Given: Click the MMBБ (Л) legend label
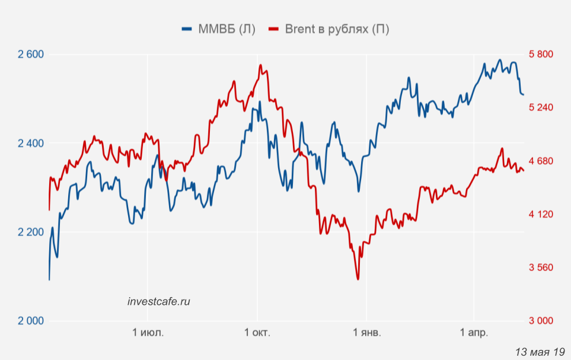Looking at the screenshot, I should [227, 29].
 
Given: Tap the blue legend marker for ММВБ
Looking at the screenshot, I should [187, 29].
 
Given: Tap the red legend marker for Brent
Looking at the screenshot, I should [273, 29].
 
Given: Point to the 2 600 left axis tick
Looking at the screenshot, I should [31, 55].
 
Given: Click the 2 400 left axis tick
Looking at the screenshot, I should [31, 144].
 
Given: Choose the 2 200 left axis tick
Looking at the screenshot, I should [31, 232].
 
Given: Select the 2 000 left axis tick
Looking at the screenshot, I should [31, 321].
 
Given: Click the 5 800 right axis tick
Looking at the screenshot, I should [541, 55].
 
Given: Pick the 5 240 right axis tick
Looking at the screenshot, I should [541, 107].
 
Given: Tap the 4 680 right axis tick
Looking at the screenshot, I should [541, 161].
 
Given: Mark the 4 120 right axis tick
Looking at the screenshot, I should [541, 214].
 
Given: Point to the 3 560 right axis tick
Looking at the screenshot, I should [541, 267].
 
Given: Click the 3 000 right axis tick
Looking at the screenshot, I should [541, 321].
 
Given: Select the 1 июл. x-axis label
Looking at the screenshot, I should [148, 332].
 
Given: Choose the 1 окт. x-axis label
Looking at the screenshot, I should [257, 332].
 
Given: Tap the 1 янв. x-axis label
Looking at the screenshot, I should [367, 332].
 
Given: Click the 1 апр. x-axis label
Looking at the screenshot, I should [474, 332].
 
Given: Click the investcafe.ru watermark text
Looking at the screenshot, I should [159, 301].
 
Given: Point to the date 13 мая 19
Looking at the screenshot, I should [540, 351].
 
